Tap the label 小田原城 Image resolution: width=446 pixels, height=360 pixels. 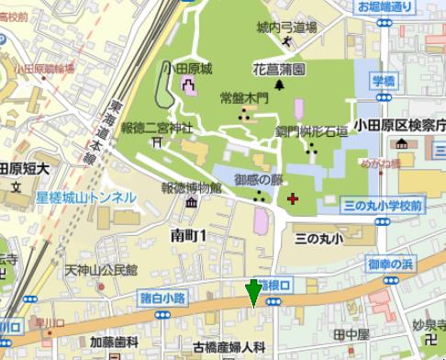point(188,69)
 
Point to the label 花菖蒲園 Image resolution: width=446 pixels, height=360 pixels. point(279,70)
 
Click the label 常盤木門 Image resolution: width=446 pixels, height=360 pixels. point(245,97)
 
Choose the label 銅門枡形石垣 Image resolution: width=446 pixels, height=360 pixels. point(312,132)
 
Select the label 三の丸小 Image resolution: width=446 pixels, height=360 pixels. point(318,239)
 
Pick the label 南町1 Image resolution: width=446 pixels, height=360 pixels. point(190,236)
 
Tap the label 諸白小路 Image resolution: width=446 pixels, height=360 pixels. point(163,297)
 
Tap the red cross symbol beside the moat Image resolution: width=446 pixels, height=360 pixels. point(293,197)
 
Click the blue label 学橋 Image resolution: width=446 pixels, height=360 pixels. point(383,81)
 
